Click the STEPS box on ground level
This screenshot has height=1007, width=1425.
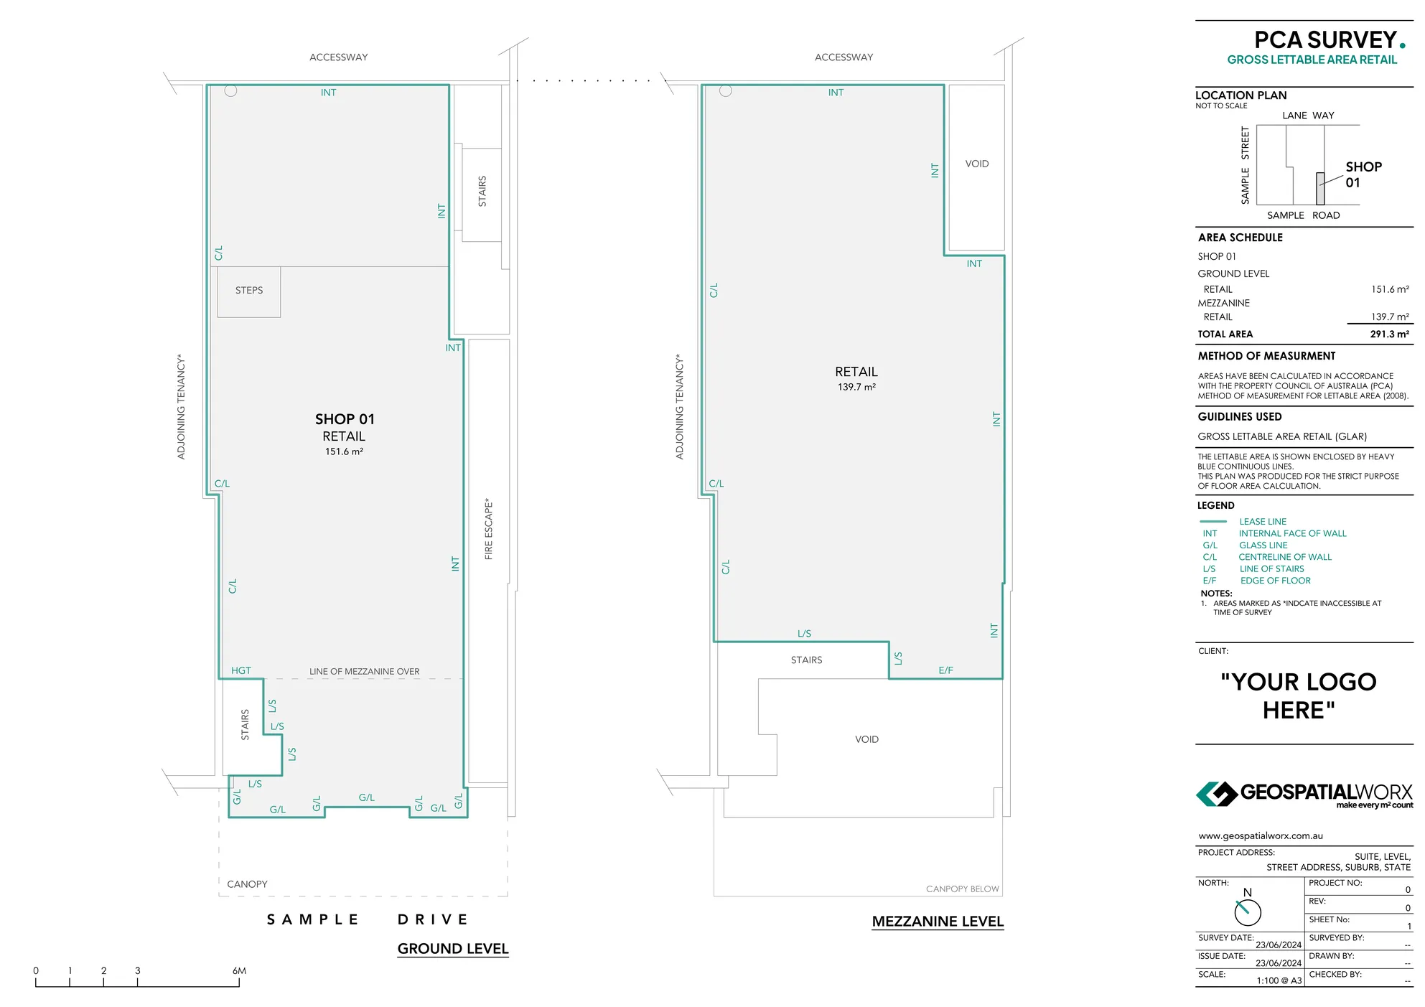click(248, 291)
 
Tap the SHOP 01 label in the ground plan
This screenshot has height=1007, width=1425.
click(345, 419)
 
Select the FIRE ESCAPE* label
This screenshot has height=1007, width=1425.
click(489, 529)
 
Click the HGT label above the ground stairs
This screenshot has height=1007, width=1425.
click(241, 670)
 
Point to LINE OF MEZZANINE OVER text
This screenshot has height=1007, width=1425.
click(364, 672)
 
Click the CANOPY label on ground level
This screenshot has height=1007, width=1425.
click(247, 884)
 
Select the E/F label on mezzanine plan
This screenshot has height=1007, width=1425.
click(945, 670)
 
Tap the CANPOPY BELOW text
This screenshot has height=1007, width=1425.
click(962, 889)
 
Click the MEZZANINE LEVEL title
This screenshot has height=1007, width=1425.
click(937, 922)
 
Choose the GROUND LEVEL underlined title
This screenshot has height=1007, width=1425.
click(452, 949)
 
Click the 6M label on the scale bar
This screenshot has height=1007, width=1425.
click(239, 971)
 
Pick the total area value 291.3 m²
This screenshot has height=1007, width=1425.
click(1389, 334)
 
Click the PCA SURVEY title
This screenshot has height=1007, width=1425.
click(1324, 40)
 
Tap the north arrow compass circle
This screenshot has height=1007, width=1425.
click(1248, 912)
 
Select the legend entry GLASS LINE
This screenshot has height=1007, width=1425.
click(1263, 545)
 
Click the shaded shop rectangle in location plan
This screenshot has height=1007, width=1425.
click(1319, 189)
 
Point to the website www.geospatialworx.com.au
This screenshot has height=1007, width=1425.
click(1260, 836)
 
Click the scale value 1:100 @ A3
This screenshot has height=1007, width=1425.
click(1279, 980)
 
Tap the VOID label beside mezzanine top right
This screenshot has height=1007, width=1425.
click(976, 164)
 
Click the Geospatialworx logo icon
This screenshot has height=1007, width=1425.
click(1216, 794)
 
